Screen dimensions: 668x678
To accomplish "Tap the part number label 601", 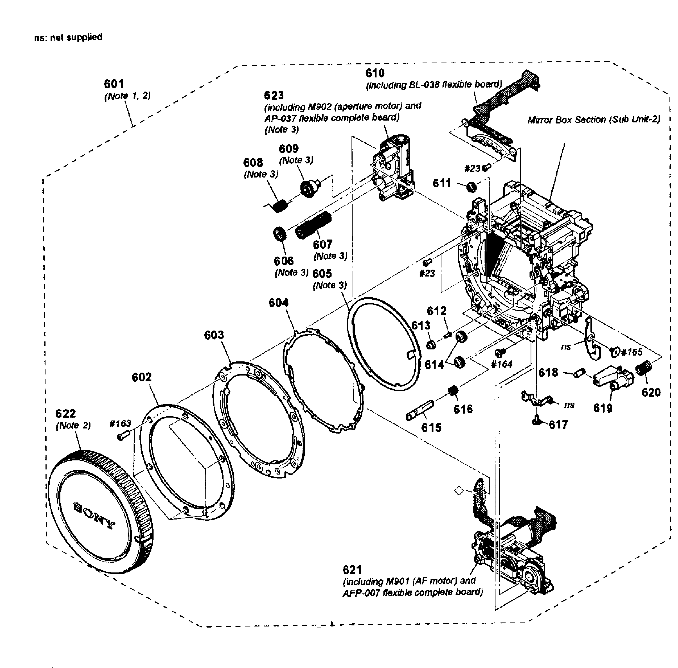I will click(114, 84).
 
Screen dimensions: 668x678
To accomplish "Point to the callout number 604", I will click(279, 302).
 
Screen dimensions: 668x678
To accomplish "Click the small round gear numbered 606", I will click(280, 234).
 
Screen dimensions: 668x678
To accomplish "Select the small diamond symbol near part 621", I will click(459, 490).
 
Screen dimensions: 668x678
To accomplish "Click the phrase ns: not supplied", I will click(68, 37).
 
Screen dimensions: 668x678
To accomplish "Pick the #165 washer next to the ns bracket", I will click(614, 352).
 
